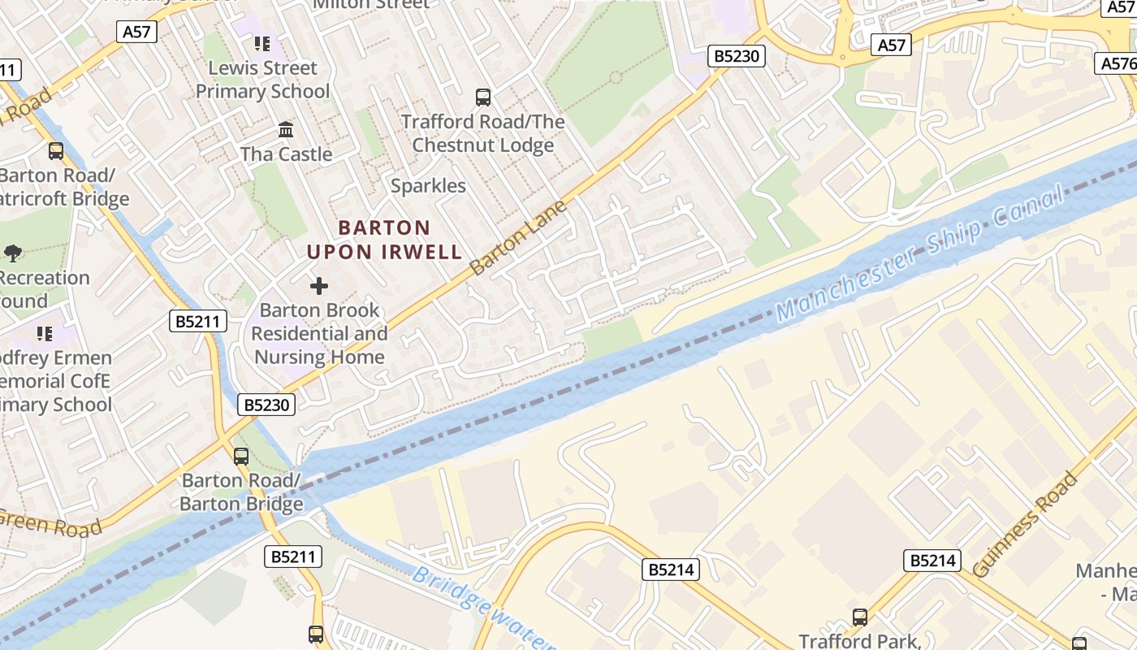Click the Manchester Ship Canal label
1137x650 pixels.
pos(918,253)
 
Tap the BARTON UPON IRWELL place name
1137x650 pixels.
pos(384,240)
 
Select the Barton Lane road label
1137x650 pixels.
pos(518,237)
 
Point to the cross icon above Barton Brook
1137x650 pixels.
pos(319,286)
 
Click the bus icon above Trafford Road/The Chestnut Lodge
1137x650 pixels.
pos(483,97)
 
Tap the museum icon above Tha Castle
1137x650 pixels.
pos(286,129)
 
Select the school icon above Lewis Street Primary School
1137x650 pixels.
pos(262,43)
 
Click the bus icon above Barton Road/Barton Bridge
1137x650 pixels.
pos(241,456)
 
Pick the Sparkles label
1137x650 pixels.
pos(428,186)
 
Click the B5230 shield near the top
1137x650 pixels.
pos(737,56)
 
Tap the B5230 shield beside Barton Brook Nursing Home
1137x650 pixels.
pos(266,404)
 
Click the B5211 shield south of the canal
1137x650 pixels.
pos(293,557)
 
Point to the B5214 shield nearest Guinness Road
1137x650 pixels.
pos(932,561)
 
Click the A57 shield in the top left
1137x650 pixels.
pos(136,32)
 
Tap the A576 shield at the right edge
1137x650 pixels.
pos(1116,63)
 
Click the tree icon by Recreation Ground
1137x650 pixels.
pos(13,253)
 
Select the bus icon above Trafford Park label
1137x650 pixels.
pos(860,617)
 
